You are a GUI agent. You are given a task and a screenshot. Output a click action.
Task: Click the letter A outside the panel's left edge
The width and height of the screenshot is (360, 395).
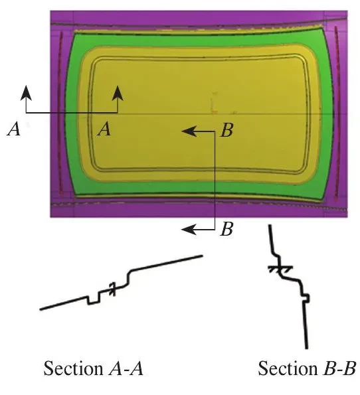[x=13, y=129]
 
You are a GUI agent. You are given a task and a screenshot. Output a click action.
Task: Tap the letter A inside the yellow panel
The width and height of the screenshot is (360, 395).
[x=104, y=129]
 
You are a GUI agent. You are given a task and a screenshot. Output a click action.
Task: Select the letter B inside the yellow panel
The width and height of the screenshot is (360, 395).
[x=226, y=130]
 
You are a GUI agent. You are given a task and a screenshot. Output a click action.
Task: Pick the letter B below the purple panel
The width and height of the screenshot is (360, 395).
[x=226, y=229]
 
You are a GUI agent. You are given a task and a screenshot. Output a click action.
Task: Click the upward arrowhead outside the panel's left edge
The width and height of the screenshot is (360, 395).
[x=26, y=93]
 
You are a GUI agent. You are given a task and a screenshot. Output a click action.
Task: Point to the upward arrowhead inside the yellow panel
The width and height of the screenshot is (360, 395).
[x=118, y=93]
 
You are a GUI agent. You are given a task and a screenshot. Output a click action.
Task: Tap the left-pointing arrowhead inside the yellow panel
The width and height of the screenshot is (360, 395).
[x=189, y=131]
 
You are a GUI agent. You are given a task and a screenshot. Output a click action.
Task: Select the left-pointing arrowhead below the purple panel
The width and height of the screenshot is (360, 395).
[x=189, y=230]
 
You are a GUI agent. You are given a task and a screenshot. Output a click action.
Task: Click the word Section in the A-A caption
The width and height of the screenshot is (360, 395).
[x=73, y=368]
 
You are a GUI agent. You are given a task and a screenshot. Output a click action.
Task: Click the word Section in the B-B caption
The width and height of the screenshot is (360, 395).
[x=288, y=368]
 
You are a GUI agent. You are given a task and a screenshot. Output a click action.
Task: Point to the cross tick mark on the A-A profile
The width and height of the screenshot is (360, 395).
[x=113, y=289]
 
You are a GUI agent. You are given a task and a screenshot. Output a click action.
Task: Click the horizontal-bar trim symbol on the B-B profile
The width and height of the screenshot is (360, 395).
[x=280, y=269]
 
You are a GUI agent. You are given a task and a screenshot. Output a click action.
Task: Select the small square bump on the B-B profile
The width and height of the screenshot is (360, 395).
[x=306, y=298]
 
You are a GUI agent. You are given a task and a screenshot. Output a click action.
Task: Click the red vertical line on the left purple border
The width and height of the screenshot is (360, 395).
[x=60, y=113]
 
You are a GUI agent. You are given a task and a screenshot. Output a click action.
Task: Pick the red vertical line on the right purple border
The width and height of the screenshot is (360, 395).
[x=337, y=114]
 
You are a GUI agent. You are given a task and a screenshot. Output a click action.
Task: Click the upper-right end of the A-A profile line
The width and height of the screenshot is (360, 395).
[x=203, y=256]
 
